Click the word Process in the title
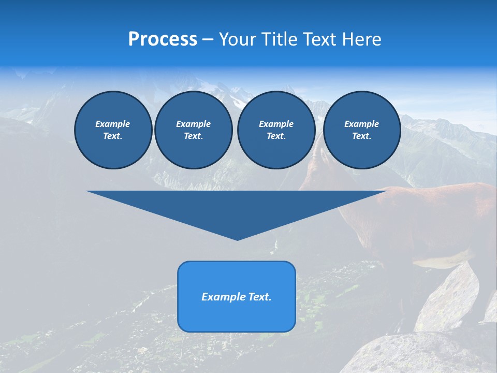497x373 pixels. pos(163,39)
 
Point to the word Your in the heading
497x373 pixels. pos(239,39)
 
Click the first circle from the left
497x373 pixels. pos(113,130)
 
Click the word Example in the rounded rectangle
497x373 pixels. pos(223,297)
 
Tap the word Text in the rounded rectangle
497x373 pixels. pos(259,297)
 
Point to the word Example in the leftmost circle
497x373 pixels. pos(113,124)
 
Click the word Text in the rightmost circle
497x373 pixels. pos(361,136)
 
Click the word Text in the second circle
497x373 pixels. pos(193,136)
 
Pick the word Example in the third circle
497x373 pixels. pos(276,124)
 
